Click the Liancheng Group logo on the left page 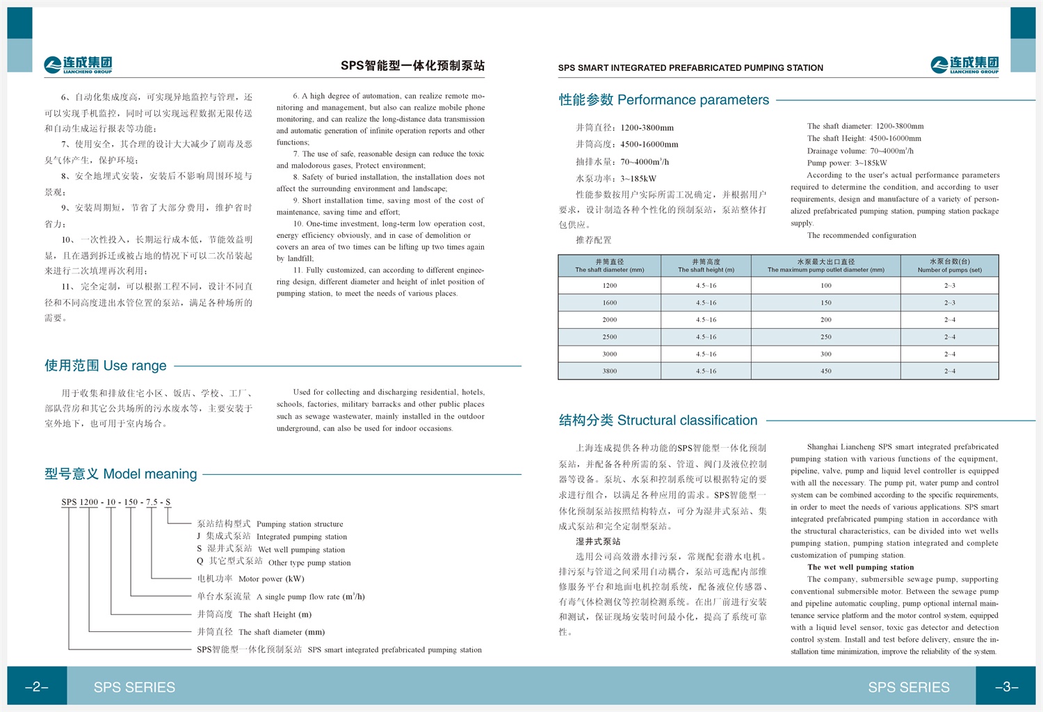click(78, 65)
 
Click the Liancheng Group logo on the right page click(964, 65)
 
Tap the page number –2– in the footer click(37, 687)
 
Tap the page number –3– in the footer click(1006, 687)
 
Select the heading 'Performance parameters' click(664, 100)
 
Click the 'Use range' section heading click(106, 366)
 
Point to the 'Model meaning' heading click(121, 474)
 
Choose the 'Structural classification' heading click(658, 421)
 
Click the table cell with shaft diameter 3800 click(610, 371)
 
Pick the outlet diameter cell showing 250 click(826, 337)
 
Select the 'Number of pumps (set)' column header click(949, 266)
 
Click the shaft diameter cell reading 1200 click(610, 286)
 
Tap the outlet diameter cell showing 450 click(826, 371)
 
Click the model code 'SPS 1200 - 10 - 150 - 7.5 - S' click(115, 502)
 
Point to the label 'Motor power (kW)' click(271, 579)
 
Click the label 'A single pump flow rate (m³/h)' click(310, 597)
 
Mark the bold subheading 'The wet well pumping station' click(860, 567)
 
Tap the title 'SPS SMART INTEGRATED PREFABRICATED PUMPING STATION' click(690, 68)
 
